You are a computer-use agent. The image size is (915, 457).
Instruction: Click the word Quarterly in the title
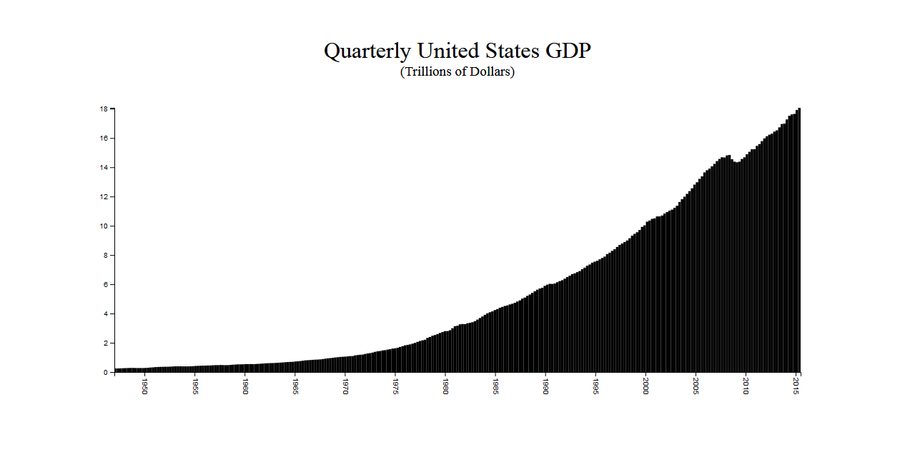(x=367, y=51)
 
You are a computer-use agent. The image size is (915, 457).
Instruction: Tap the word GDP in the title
(x=568, y=51)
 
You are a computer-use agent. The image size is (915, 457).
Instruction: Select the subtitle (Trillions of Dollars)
(x=457, y=71)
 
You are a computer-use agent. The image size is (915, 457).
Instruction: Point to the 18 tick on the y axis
(x=104, y=109)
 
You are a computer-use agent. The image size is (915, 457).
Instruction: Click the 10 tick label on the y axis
(x=104, y=226)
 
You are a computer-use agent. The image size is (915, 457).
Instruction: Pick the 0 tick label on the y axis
(x=105, y=373)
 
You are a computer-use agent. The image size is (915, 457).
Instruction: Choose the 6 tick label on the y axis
(x=105, y=285)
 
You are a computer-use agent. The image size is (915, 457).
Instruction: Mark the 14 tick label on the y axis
(x=104, y=168)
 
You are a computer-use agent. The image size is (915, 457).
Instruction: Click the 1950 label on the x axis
(x=144, y=387)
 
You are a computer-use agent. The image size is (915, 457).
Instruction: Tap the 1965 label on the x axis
(x=295, y=387)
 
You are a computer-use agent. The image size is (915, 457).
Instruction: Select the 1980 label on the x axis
(x=445, y=387)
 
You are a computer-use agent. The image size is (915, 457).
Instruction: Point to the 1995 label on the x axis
(x=596, y=387)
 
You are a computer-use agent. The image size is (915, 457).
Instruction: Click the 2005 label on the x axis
(x=696, y=387)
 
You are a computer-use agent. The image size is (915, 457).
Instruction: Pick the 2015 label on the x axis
(x=797, y=387)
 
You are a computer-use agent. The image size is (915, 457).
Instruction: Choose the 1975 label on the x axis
(x=395, y=387)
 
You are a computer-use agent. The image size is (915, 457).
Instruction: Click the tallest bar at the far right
(x=798, y=243)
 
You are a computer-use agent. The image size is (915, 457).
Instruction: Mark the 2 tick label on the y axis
(x=105, y=343)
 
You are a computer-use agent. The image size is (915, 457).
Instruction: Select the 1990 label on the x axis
(x=546, y=387)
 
